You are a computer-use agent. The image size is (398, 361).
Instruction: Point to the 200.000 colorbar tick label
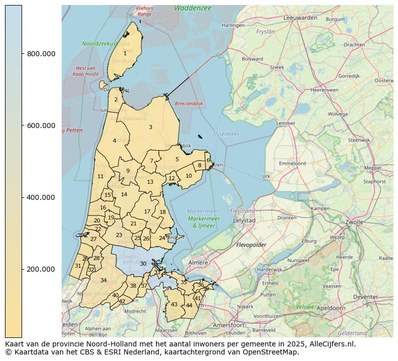[41, 269]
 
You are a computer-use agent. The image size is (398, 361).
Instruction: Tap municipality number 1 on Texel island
[125, 53]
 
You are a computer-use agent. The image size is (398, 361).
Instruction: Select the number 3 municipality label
[150, 127]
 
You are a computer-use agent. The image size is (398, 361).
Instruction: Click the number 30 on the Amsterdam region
[143, 264]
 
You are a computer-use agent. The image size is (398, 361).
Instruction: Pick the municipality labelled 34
[103, 280]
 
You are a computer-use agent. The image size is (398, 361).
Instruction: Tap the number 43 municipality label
[174, 304]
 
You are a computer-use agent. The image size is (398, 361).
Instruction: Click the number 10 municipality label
[188, 176]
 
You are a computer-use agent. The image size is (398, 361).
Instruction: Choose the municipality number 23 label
[119, 235]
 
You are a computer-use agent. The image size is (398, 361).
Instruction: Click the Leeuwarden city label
[300, 18]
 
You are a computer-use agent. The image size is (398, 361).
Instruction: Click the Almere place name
[198, 263]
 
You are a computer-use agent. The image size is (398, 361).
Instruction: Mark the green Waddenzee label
[192, 8]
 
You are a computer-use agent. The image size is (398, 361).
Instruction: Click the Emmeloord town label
[292, 163]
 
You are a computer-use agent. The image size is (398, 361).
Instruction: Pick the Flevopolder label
[251, 245]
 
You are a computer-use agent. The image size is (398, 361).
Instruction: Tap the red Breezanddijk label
[188, 103]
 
